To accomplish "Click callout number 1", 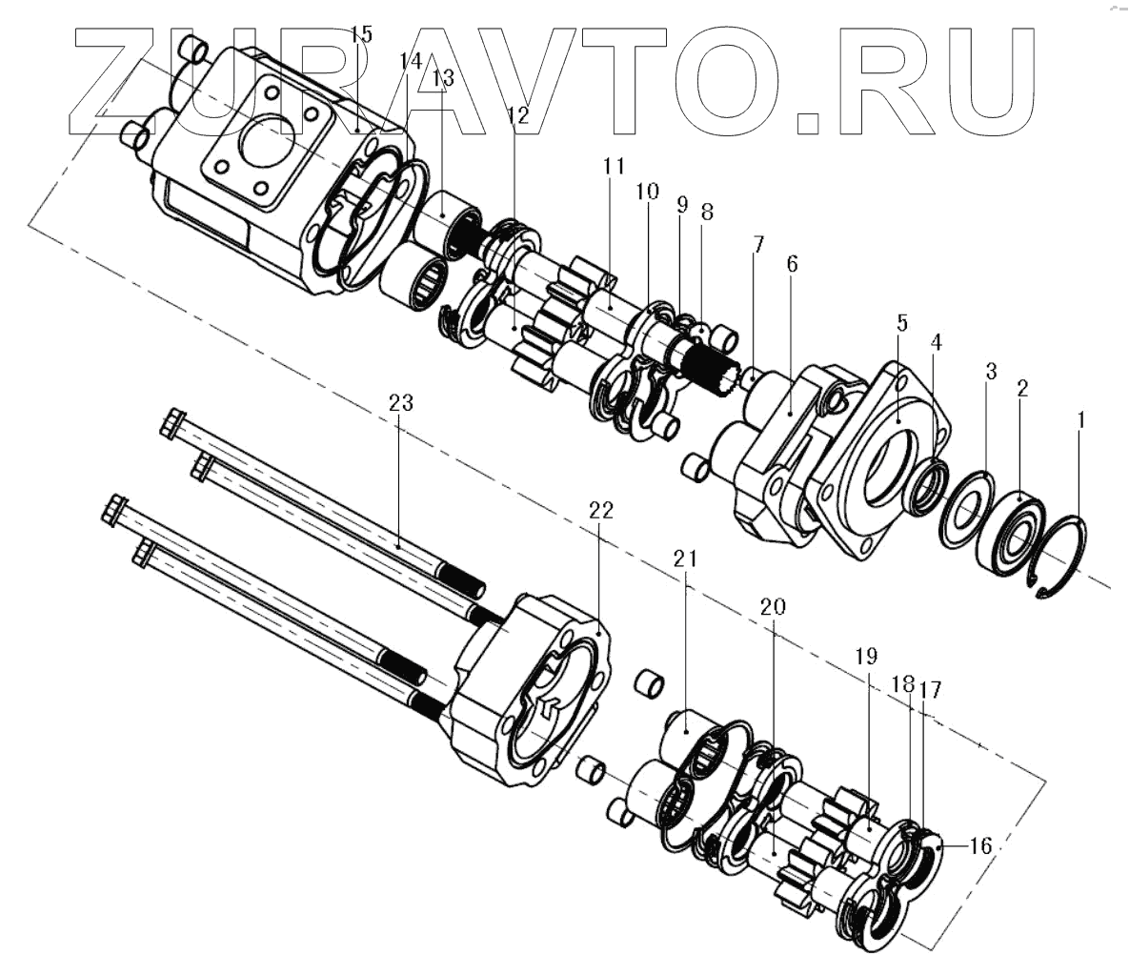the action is [x=1079, y=418].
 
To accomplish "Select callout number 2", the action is [x=1022, y=388].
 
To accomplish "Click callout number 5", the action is [x=902, y=323].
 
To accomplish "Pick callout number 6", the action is [x=792, y=263].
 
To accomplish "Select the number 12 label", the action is [x=517, y=116].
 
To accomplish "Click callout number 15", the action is [x=360, y=35].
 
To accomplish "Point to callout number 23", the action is [x=401, y=403].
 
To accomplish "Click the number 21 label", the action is [x=687, y=559].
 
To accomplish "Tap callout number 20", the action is [x=773, y=607].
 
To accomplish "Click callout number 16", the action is [x=980, y=845].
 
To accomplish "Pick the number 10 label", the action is [x=648, y=192].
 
